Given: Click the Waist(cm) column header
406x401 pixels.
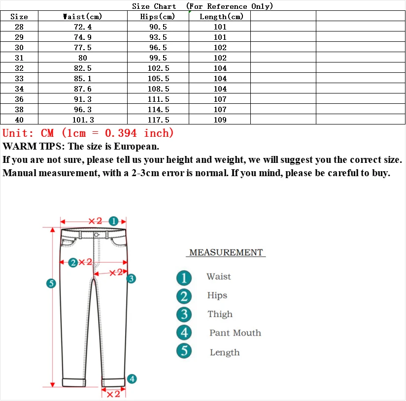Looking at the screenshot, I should coord(82,17).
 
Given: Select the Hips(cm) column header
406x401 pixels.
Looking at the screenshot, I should coord(158,17).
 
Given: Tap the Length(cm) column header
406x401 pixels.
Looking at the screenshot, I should coord(221,17).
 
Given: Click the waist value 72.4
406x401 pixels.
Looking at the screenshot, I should coord(82,27).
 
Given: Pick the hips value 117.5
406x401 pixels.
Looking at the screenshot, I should coord(158,120).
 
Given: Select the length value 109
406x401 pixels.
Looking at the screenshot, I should coord(220,120).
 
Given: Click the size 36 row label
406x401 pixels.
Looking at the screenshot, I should coord(19,99).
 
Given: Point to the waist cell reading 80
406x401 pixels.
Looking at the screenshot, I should coord(82,58).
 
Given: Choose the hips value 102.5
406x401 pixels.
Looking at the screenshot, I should coord(158,68).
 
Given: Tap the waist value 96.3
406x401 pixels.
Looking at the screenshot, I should coord(82,110).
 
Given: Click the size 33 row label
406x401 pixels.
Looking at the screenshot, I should coord(19,79).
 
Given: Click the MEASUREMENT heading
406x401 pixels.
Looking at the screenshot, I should coord(226,252).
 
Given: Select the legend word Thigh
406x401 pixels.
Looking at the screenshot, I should coord(220,314).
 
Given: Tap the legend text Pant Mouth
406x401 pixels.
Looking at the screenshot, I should coord(235,333).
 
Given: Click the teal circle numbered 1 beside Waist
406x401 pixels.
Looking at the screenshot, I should coord(184,278).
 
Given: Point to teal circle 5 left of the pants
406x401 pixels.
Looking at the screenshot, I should coord(51,283).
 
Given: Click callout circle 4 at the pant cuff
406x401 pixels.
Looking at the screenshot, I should coord(132,379).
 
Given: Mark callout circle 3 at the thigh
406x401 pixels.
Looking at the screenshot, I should coord(131,278).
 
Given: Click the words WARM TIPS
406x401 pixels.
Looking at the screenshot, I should coord(32,147).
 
